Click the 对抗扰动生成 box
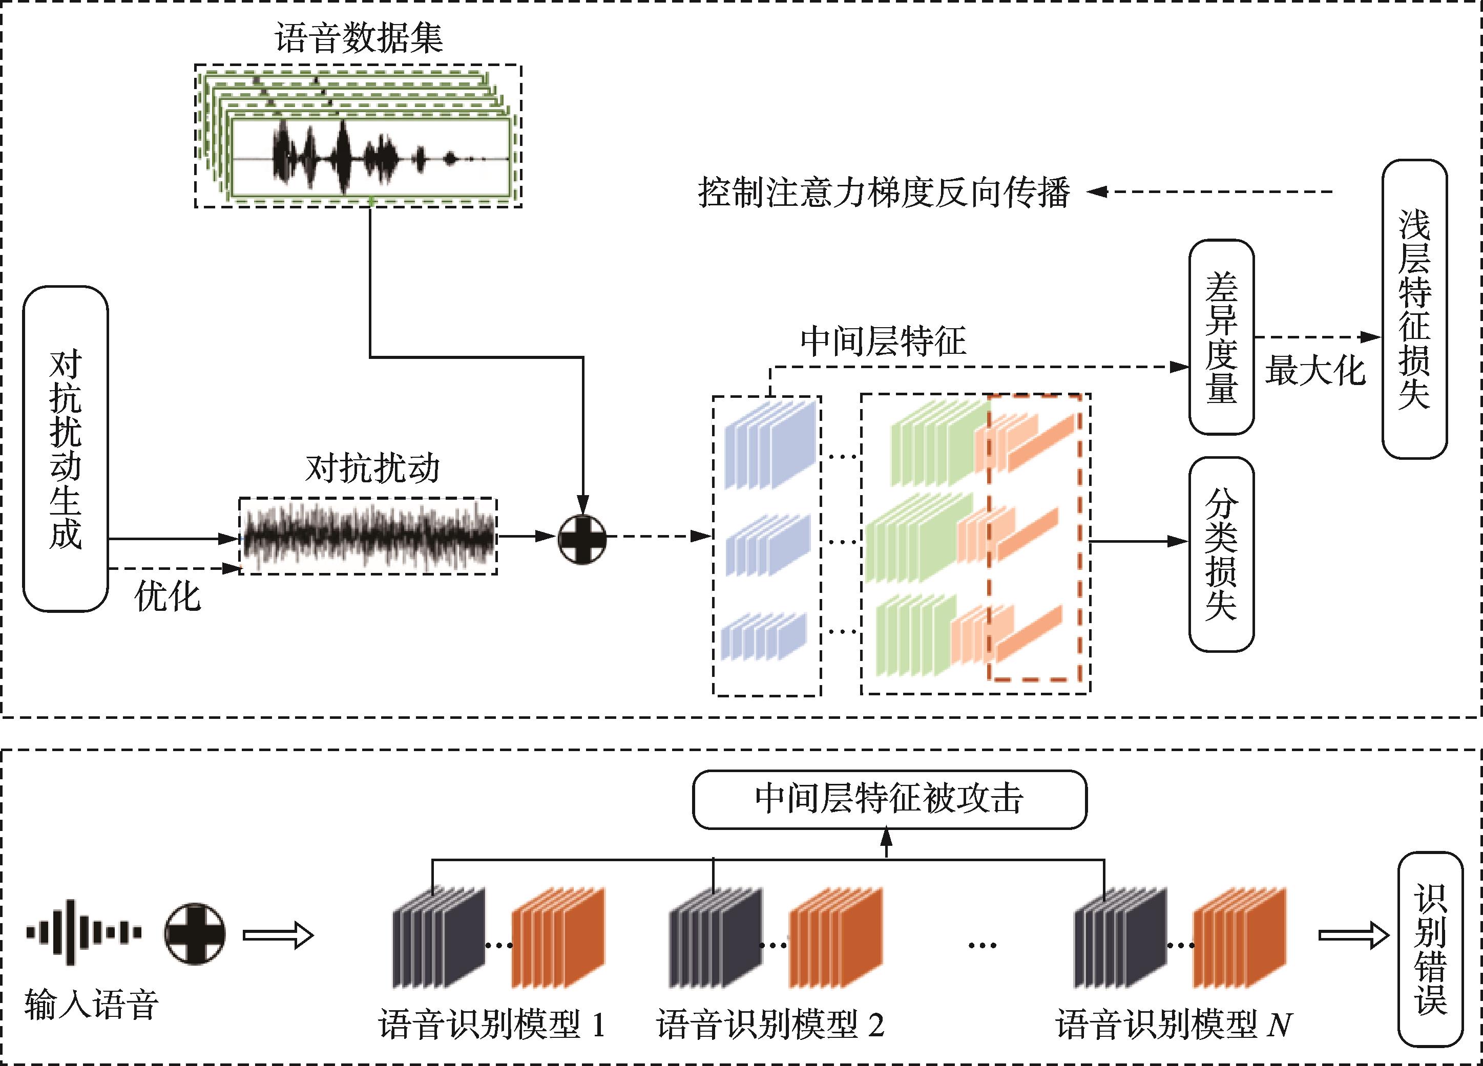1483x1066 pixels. pos(66,449)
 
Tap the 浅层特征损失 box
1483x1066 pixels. pos(1414,309)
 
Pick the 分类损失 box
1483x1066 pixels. pos(1221,554)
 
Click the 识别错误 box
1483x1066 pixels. pos(1430,949)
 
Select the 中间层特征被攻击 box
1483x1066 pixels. pos(889,799)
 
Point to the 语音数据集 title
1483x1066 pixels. pos(358,38)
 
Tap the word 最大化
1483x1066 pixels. pos(1315,371)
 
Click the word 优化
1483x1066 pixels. pos(168,596)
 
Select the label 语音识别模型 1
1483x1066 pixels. pos(492,1024)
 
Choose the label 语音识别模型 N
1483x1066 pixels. pos(1174,1024)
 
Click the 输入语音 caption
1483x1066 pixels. pos(92,1005)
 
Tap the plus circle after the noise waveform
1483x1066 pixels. pos(582,539)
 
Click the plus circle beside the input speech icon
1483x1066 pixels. pos(195,934)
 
